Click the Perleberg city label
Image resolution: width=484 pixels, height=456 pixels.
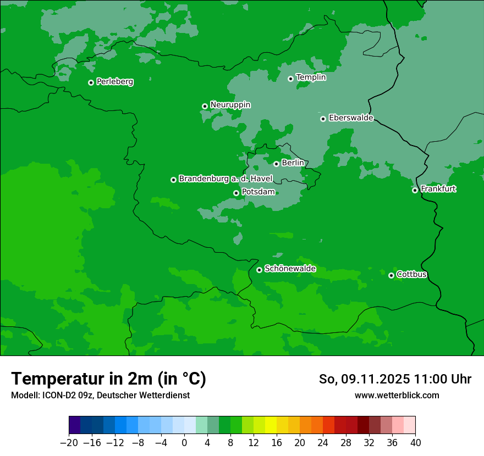(x=114, y=82)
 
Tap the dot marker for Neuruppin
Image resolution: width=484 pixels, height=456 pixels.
(x=205, y=106)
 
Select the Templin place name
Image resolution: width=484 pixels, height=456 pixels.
(x=311, y=77)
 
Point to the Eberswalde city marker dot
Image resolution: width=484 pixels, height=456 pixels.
(x=323, y=119)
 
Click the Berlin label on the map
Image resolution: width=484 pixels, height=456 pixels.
(x=293, y=163)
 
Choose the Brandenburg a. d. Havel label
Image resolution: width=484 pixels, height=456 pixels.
(x=226, y=179)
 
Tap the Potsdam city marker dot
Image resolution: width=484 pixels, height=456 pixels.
(x=236, y=193)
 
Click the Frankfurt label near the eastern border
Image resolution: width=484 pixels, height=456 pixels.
(x=438, y=189)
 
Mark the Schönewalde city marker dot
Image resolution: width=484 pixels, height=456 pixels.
(x=259, y=270)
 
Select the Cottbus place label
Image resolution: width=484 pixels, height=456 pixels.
(x=411, y=274)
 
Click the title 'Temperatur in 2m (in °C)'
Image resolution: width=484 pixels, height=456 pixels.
(x=108, y=379)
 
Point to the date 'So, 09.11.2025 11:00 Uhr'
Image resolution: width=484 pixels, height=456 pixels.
(x=395, y=379)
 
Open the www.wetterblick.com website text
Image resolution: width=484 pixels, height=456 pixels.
(x=397, y=395)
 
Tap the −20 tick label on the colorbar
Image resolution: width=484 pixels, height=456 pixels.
(x=69, y=442)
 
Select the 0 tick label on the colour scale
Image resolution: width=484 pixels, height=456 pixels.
(x=184, y=442)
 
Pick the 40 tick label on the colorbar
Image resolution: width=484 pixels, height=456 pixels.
(x=415, y=442)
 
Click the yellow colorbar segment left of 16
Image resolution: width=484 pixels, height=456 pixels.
(x=271, y=425)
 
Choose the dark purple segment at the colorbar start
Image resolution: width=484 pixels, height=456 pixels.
(x=74, y=425)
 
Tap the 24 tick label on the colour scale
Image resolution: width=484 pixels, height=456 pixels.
(x=323, y=442)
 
